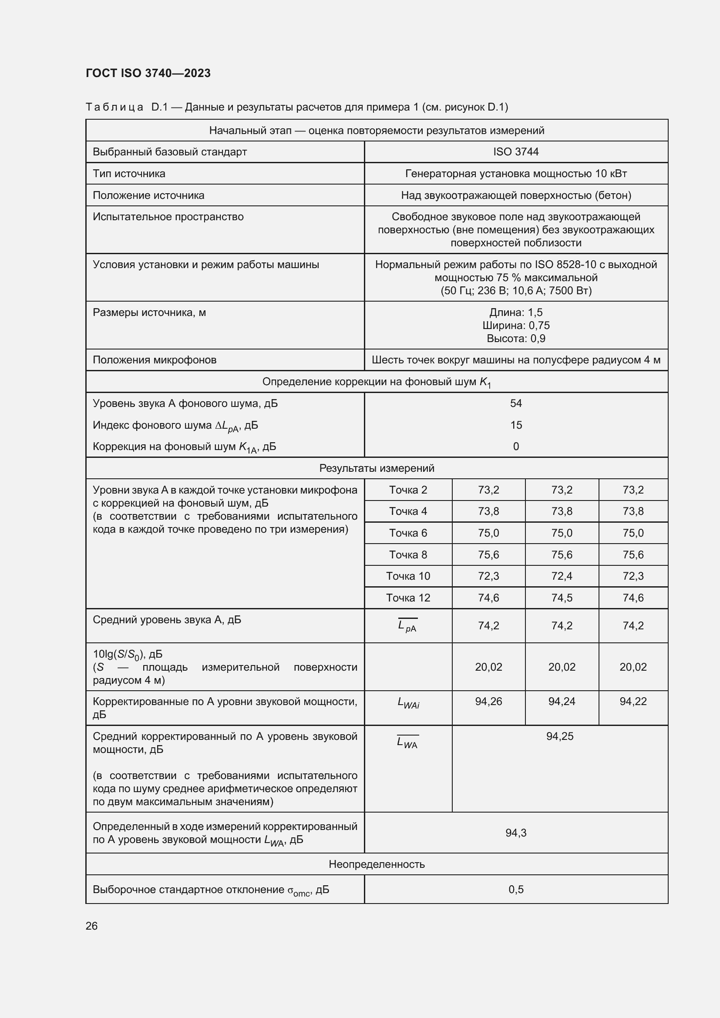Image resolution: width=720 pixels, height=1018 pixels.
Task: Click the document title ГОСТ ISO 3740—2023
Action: [x=148, y=73]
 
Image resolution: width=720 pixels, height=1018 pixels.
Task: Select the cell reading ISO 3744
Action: [x=515, y=151]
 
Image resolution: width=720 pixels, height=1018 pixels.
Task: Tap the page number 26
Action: [x=92, y=926]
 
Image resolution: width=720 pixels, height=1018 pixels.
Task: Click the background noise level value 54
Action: [x=515, y=403]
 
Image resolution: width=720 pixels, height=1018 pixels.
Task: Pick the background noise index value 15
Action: [x=515, y=425]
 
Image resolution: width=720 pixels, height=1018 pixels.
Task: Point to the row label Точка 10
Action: [x=408, y=576]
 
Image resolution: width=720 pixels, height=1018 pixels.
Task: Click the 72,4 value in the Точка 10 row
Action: [x=562, y=576]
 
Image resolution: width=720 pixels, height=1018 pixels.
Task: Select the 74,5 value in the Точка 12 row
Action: [x=562, y=598]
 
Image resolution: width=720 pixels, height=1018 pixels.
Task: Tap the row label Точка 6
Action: [x=408, y=533]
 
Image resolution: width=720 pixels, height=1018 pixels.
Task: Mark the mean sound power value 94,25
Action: [x=559, y=736]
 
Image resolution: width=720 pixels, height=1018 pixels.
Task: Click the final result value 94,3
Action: [x=515, y=833]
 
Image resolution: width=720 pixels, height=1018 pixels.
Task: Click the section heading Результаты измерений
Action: [x=377, y=468]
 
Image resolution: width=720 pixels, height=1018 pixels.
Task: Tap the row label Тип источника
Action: [x=129, y=173]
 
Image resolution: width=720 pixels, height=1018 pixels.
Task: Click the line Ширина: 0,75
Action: [x=515, y=326]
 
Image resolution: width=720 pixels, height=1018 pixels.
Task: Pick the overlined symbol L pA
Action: [x=407, y=626]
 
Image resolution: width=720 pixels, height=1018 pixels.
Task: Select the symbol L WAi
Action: [x=408, y=703]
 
